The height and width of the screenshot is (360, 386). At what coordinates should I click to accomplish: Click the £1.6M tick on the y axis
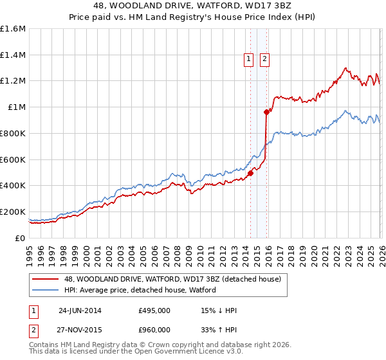(x=13, y=29)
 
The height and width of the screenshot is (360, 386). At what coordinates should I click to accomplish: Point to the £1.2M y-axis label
(x=13, y=81)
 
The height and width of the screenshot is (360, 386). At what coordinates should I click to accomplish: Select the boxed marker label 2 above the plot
(x=264, y=59)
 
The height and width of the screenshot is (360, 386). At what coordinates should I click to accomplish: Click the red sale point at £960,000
(x=266, y=112)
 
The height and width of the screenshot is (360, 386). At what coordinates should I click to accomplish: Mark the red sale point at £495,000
(x=250, y=173)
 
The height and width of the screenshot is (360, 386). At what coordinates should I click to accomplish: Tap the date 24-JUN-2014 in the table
(x=80, y=310)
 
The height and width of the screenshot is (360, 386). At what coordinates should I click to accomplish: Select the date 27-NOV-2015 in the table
(x=80, y=330)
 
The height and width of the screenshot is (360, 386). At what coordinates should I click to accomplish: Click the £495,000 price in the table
(x=154, y=310)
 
